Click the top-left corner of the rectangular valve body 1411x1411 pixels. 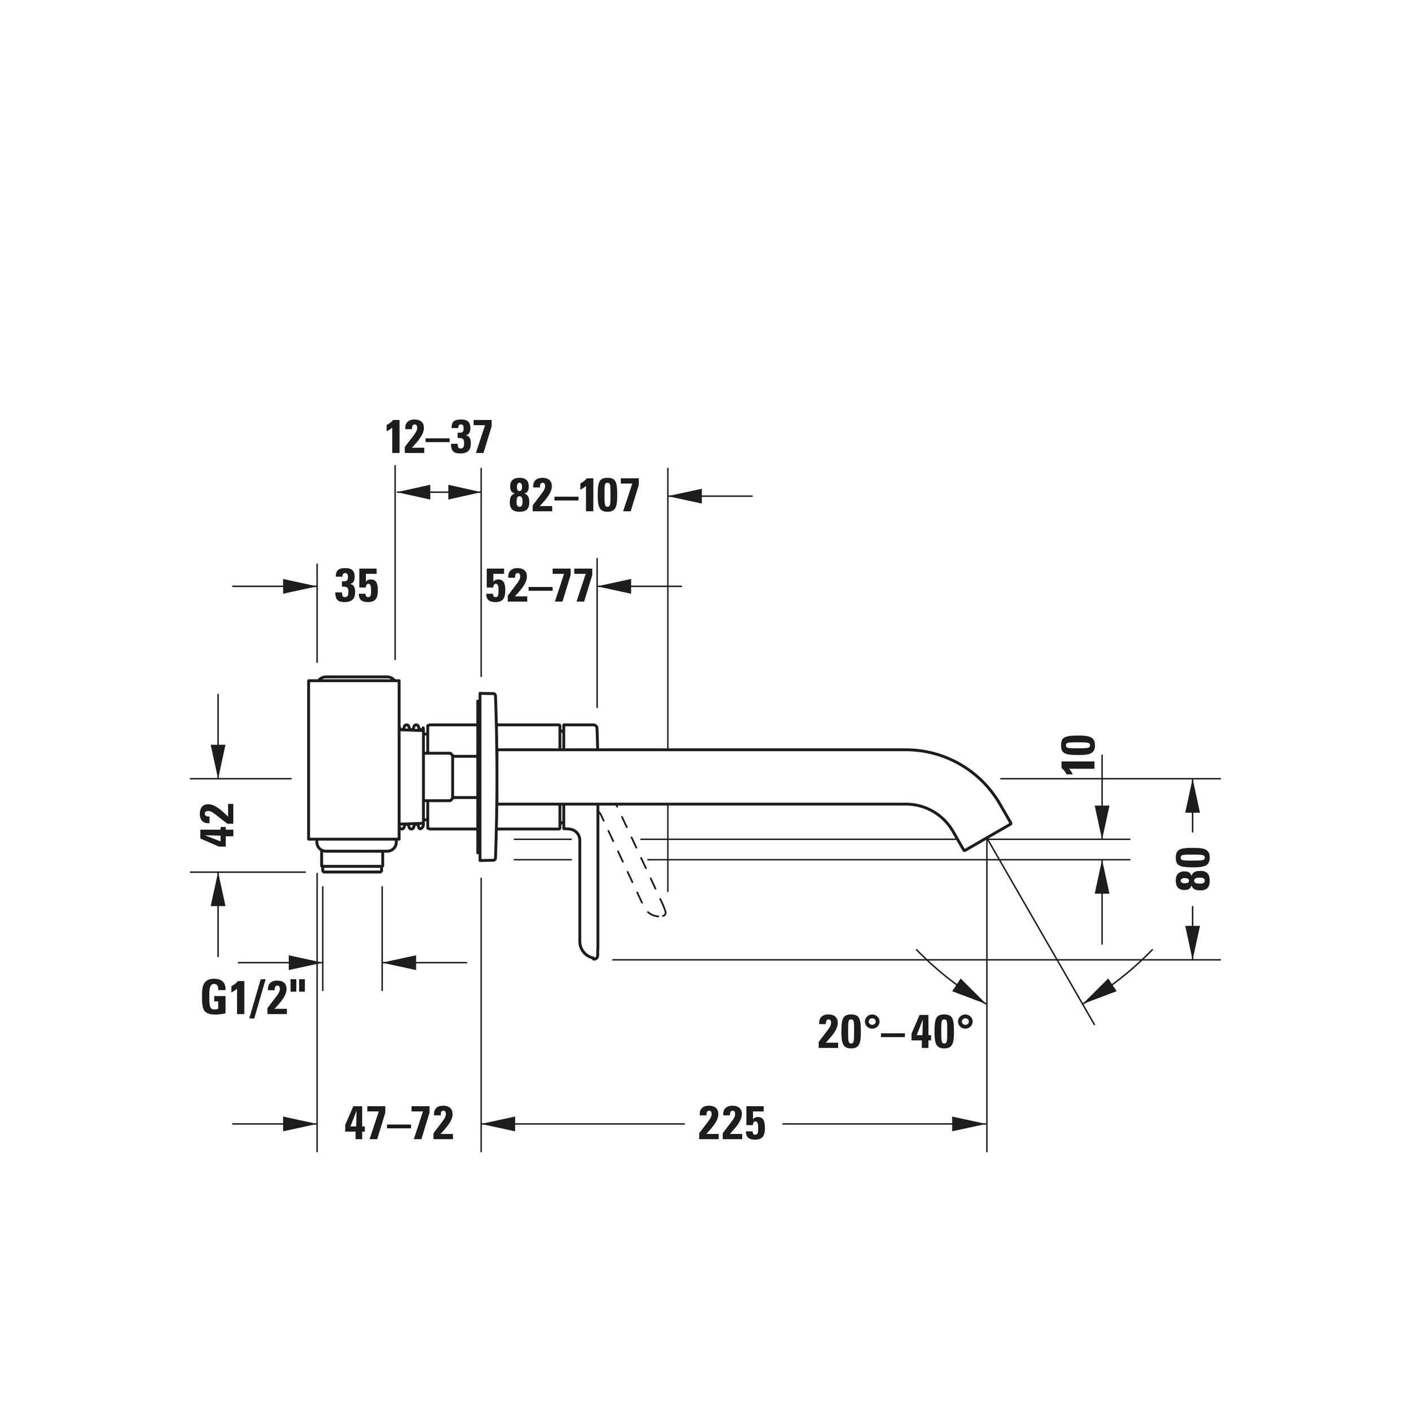308,681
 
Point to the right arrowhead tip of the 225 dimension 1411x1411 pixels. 986,1145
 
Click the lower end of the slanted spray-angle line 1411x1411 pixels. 1094,1024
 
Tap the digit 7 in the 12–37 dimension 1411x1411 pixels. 480,438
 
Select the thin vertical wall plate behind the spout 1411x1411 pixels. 487,778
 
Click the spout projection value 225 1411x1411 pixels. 732,1145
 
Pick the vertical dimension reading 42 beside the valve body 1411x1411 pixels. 218,825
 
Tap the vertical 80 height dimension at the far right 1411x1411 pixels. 1193,869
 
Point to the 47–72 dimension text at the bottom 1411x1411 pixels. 399,1145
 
